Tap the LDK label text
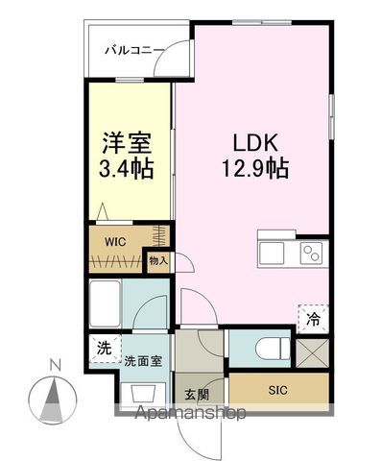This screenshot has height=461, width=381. click(x=254, y=142)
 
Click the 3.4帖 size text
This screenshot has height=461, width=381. click(x=129, y=172)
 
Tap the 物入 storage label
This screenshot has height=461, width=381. click(x=157, y=259)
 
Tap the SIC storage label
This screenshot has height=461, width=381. click(x=276, y=390)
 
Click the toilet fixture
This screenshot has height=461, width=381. click(x=273, y=346)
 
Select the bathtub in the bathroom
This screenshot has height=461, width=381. click(x=104, y=306)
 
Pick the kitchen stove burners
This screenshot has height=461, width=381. click(x=312, y=254)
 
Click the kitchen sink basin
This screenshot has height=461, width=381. click(x=270, y=254)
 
